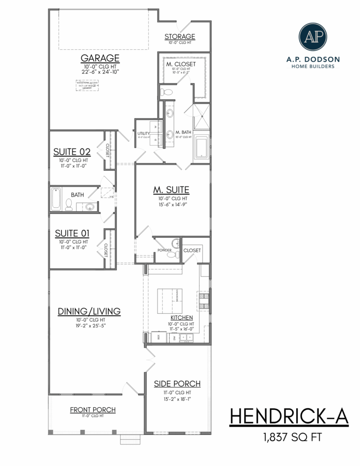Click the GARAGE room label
pyautogui.click(x=100, y=58)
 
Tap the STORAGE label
pyautogui.click(x=180, y=37)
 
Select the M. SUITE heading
pyautogui.click(x=171, y=190)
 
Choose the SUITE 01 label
pyautogui.click(x=72, y=233)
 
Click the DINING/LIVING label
pyautogui.click(x=89, y=311)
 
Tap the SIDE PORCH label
pyautogui.click(x=177, y=384)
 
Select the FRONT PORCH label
pyautogui.click(x=93, y=410)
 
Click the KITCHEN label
pyautogui.click(x=181, y=317)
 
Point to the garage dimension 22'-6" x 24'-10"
pyautogui.click(x=100, y=72)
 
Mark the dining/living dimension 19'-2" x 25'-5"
pyautogui.click(x=89, y=325)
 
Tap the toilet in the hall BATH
pyautogui.click(x=69, y=205)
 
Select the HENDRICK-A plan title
pyautogui.click(x=288, y=417)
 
